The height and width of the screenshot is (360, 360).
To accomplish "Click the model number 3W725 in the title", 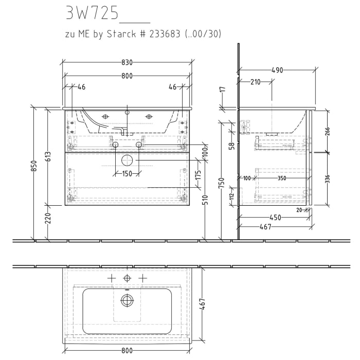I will (91, 13).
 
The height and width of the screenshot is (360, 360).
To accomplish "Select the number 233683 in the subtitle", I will (165, 34).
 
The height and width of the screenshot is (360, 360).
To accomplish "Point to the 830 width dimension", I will (127, 63).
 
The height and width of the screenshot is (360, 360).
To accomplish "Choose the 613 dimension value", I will (48, 157).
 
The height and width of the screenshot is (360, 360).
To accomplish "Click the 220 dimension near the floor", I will (48, 219).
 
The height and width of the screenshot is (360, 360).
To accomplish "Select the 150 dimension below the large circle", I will (127, 174).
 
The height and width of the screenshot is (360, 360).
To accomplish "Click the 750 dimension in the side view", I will (221, 183).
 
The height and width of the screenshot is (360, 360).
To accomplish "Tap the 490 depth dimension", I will (277, 70).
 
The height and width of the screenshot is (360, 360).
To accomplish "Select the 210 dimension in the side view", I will (256, 82).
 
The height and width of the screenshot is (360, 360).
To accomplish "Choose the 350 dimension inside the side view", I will (281, 178).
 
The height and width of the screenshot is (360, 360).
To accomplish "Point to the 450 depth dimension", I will (276, 218).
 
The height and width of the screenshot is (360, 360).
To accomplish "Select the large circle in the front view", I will (127, 160).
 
